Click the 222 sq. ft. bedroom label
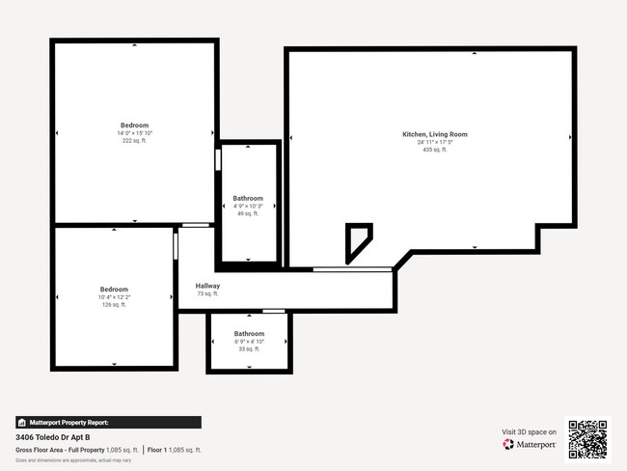[134, 125]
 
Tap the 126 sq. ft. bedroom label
[114, 290]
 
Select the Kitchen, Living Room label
[434, 134]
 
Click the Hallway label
[207, 286]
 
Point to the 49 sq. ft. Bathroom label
[248, 199]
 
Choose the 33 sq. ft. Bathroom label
[248, 334]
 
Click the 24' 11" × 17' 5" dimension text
[434, 142]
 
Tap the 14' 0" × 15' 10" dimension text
[134, 133]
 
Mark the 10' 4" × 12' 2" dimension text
[114, 297]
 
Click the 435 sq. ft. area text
[434, 150]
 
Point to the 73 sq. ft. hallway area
[207, 293]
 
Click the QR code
[587, 439]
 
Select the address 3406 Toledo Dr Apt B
[53, 437]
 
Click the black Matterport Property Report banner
[108, 422]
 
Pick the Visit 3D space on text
[530, 431]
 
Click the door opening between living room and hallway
[352, 268]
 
